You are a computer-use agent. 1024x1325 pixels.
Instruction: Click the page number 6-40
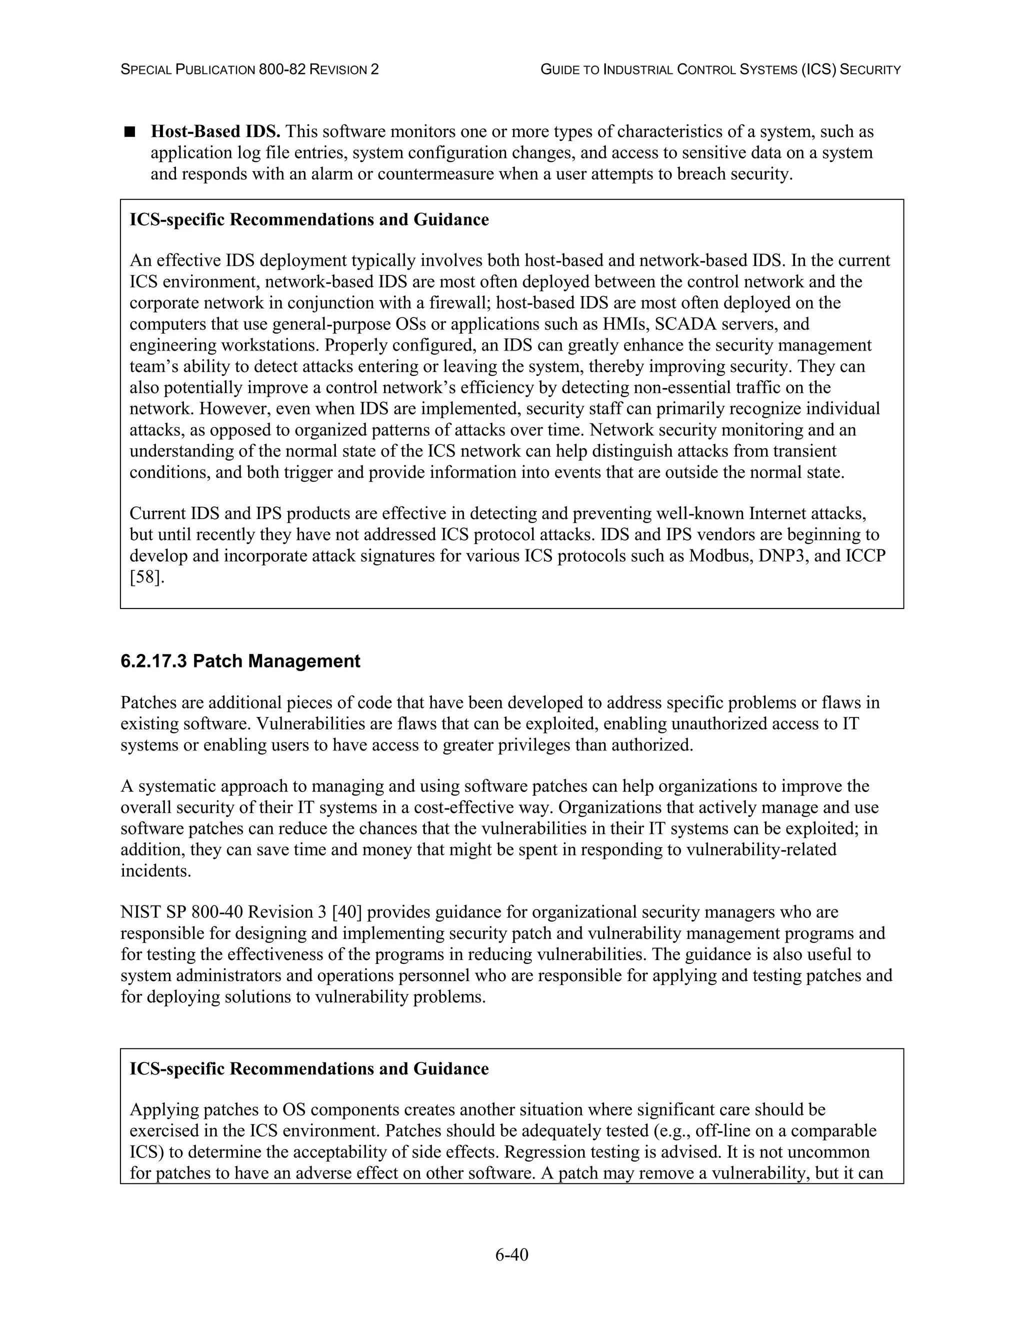coord(511,1254)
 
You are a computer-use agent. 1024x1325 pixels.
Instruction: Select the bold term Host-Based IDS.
coord(215,131)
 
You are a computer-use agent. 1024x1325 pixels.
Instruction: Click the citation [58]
coord(147,577)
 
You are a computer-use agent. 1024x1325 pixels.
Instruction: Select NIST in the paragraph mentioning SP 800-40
coord(137,912)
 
